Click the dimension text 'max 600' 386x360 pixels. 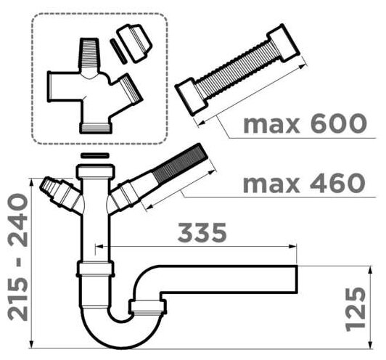coord(305,123)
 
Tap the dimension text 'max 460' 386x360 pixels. coord(304,183)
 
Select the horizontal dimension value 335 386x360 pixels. coord(202,232)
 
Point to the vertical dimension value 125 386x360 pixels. coord(356,309)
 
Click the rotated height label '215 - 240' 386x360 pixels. coord(18,257)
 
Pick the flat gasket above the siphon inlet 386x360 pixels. coord(95,155)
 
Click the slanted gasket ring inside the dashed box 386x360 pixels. coord(118,52)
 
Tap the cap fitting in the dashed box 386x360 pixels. coord(135,43)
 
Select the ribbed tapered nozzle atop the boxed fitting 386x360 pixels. coord(89,53)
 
